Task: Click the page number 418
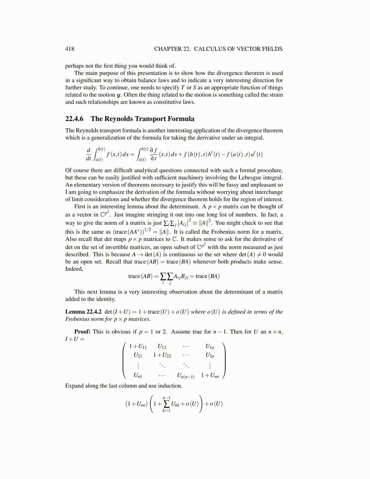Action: (70, 49)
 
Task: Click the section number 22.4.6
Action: (74, 119)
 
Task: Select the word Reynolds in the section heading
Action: (118, 119)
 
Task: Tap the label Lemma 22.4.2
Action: (83, 312)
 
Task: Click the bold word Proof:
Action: (82, 332)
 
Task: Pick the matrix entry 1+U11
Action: (138, 347)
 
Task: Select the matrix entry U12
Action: (162, 347)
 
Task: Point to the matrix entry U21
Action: (138, 355)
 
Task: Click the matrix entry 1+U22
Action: (162, 355)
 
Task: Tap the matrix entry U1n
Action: (210, 347)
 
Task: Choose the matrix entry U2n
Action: (210, 355)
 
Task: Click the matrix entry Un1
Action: (138, 376)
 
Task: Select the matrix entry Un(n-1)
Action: (186, 376)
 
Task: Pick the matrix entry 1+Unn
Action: (210, 376)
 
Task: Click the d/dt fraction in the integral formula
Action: (89, 154)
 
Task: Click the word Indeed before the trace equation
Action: (74, 269)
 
